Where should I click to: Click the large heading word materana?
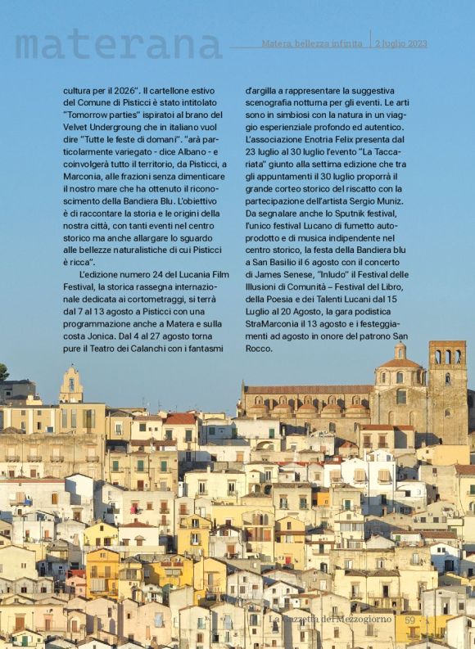[118, 44]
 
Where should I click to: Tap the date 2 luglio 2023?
[401, 43]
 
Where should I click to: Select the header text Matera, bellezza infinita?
[312, 43]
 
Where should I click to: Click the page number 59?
[410, 620]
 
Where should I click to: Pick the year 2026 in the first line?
[129, 90]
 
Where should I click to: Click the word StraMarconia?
[273, 311]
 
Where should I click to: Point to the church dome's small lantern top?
[400, 350]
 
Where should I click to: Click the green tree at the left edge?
[3, 372]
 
